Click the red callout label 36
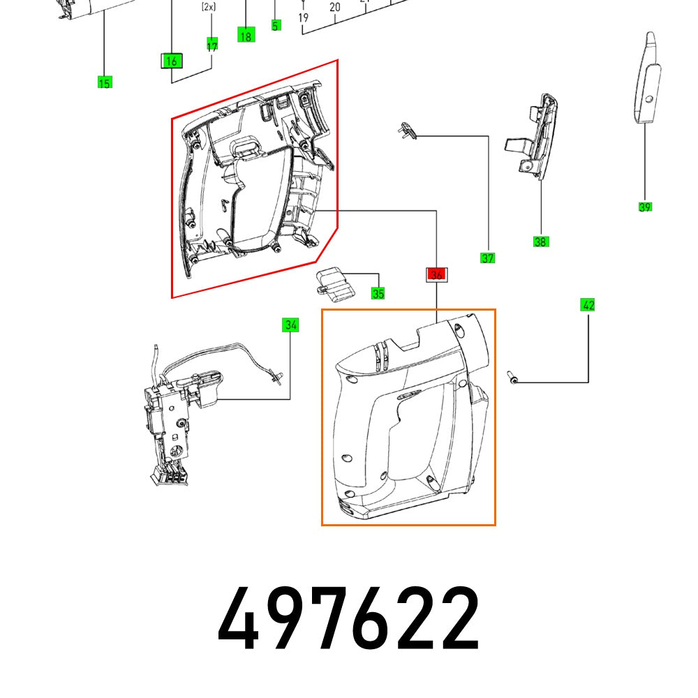click(437, 275)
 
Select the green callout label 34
click(290, 325)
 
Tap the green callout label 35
click(378, 294)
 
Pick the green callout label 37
click(487, 258)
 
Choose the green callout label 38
click(540, 242)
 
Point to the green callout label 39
click(645, 207)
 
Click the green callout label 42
click(588, 304)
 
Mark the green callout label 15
click(104, 84)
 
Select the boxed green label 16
click(171, 61)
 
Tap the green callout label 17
click(211, 45)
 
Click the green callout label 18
click(245, 36)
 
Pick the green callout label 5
click(276, 26)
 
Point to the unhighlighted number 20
click(335, 8)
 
